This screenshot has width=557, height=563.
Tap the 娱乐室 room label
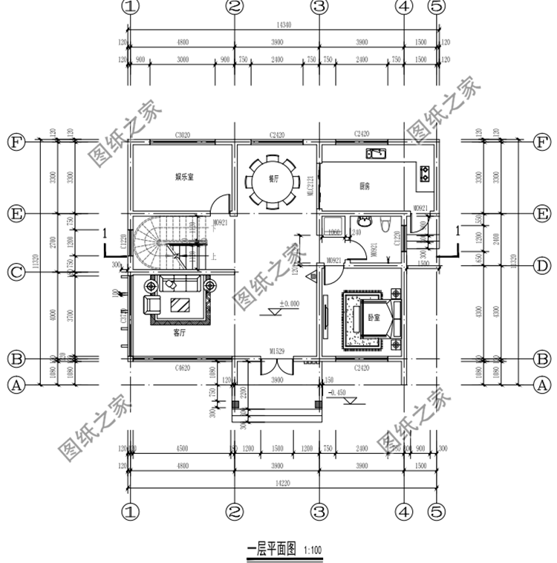[x=184, y=177]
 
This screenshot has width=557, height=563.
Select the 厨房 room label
[x=365, y=186]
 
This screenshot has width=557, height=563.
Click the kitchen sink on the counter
[x=374, y=154]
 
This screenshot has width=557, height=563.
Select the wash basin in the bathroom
[x=363, y=221]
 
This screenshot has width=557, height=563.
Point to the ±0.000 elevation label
[x=289, y=304]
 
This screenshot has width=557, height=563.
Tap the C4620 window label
[x=184, y=368]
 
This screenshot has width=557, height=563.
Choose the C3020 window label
[x=183, y=135]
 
